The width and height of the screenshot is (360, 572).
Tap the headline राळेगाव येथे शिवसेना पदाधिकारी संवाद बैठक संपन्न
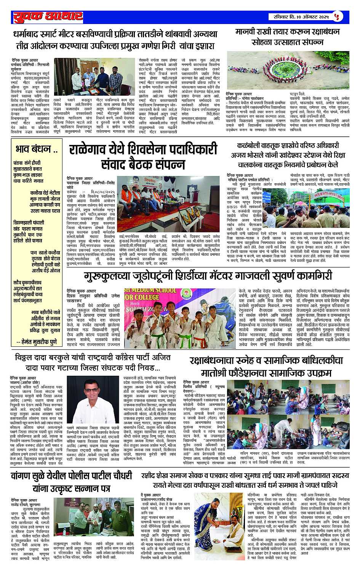click(x=143, y=156)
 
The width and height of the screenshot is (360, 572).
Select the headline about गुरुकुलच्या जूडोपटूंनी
click(x=203, y=276)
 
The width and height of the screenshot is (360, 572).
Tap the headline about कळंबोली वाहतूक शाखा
click(x=285, y=155)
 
